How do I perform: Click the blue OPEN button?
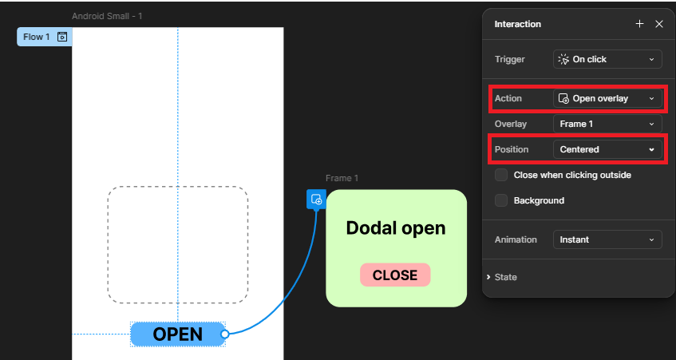[177, 334]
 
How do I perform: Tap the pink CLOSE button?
[395, 275]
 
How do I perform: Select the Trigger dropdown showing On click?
[607, 59]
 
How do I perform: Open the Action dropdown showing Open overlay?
[607, 98]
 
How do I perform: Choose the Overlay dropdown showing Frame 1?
[607, 124]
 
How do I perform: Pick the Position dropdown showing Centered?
[607, 149]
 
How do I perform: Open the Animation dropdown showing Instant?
[607, 239]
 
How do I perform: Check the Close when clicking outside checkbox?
[501, 175]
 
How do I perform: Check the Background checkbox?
[501, 200]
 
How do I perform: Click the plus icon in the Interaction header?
[639, 24]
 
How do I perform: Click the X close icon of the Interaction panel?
[659, 24]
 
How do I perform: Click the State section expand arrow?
[488, 277]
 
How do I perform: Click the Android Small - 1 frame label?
[107, 16]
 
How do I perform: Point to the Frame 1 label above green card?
[342, 178]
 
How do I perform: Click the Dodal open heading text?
[395, 228]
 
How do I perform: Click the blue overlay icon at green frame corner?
[316, 200]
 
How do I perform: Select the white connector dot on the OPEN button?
[225, 334]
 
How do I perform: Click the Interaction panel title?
[517, 24]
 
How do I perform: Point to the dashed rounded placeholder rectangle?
[177, 244]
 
